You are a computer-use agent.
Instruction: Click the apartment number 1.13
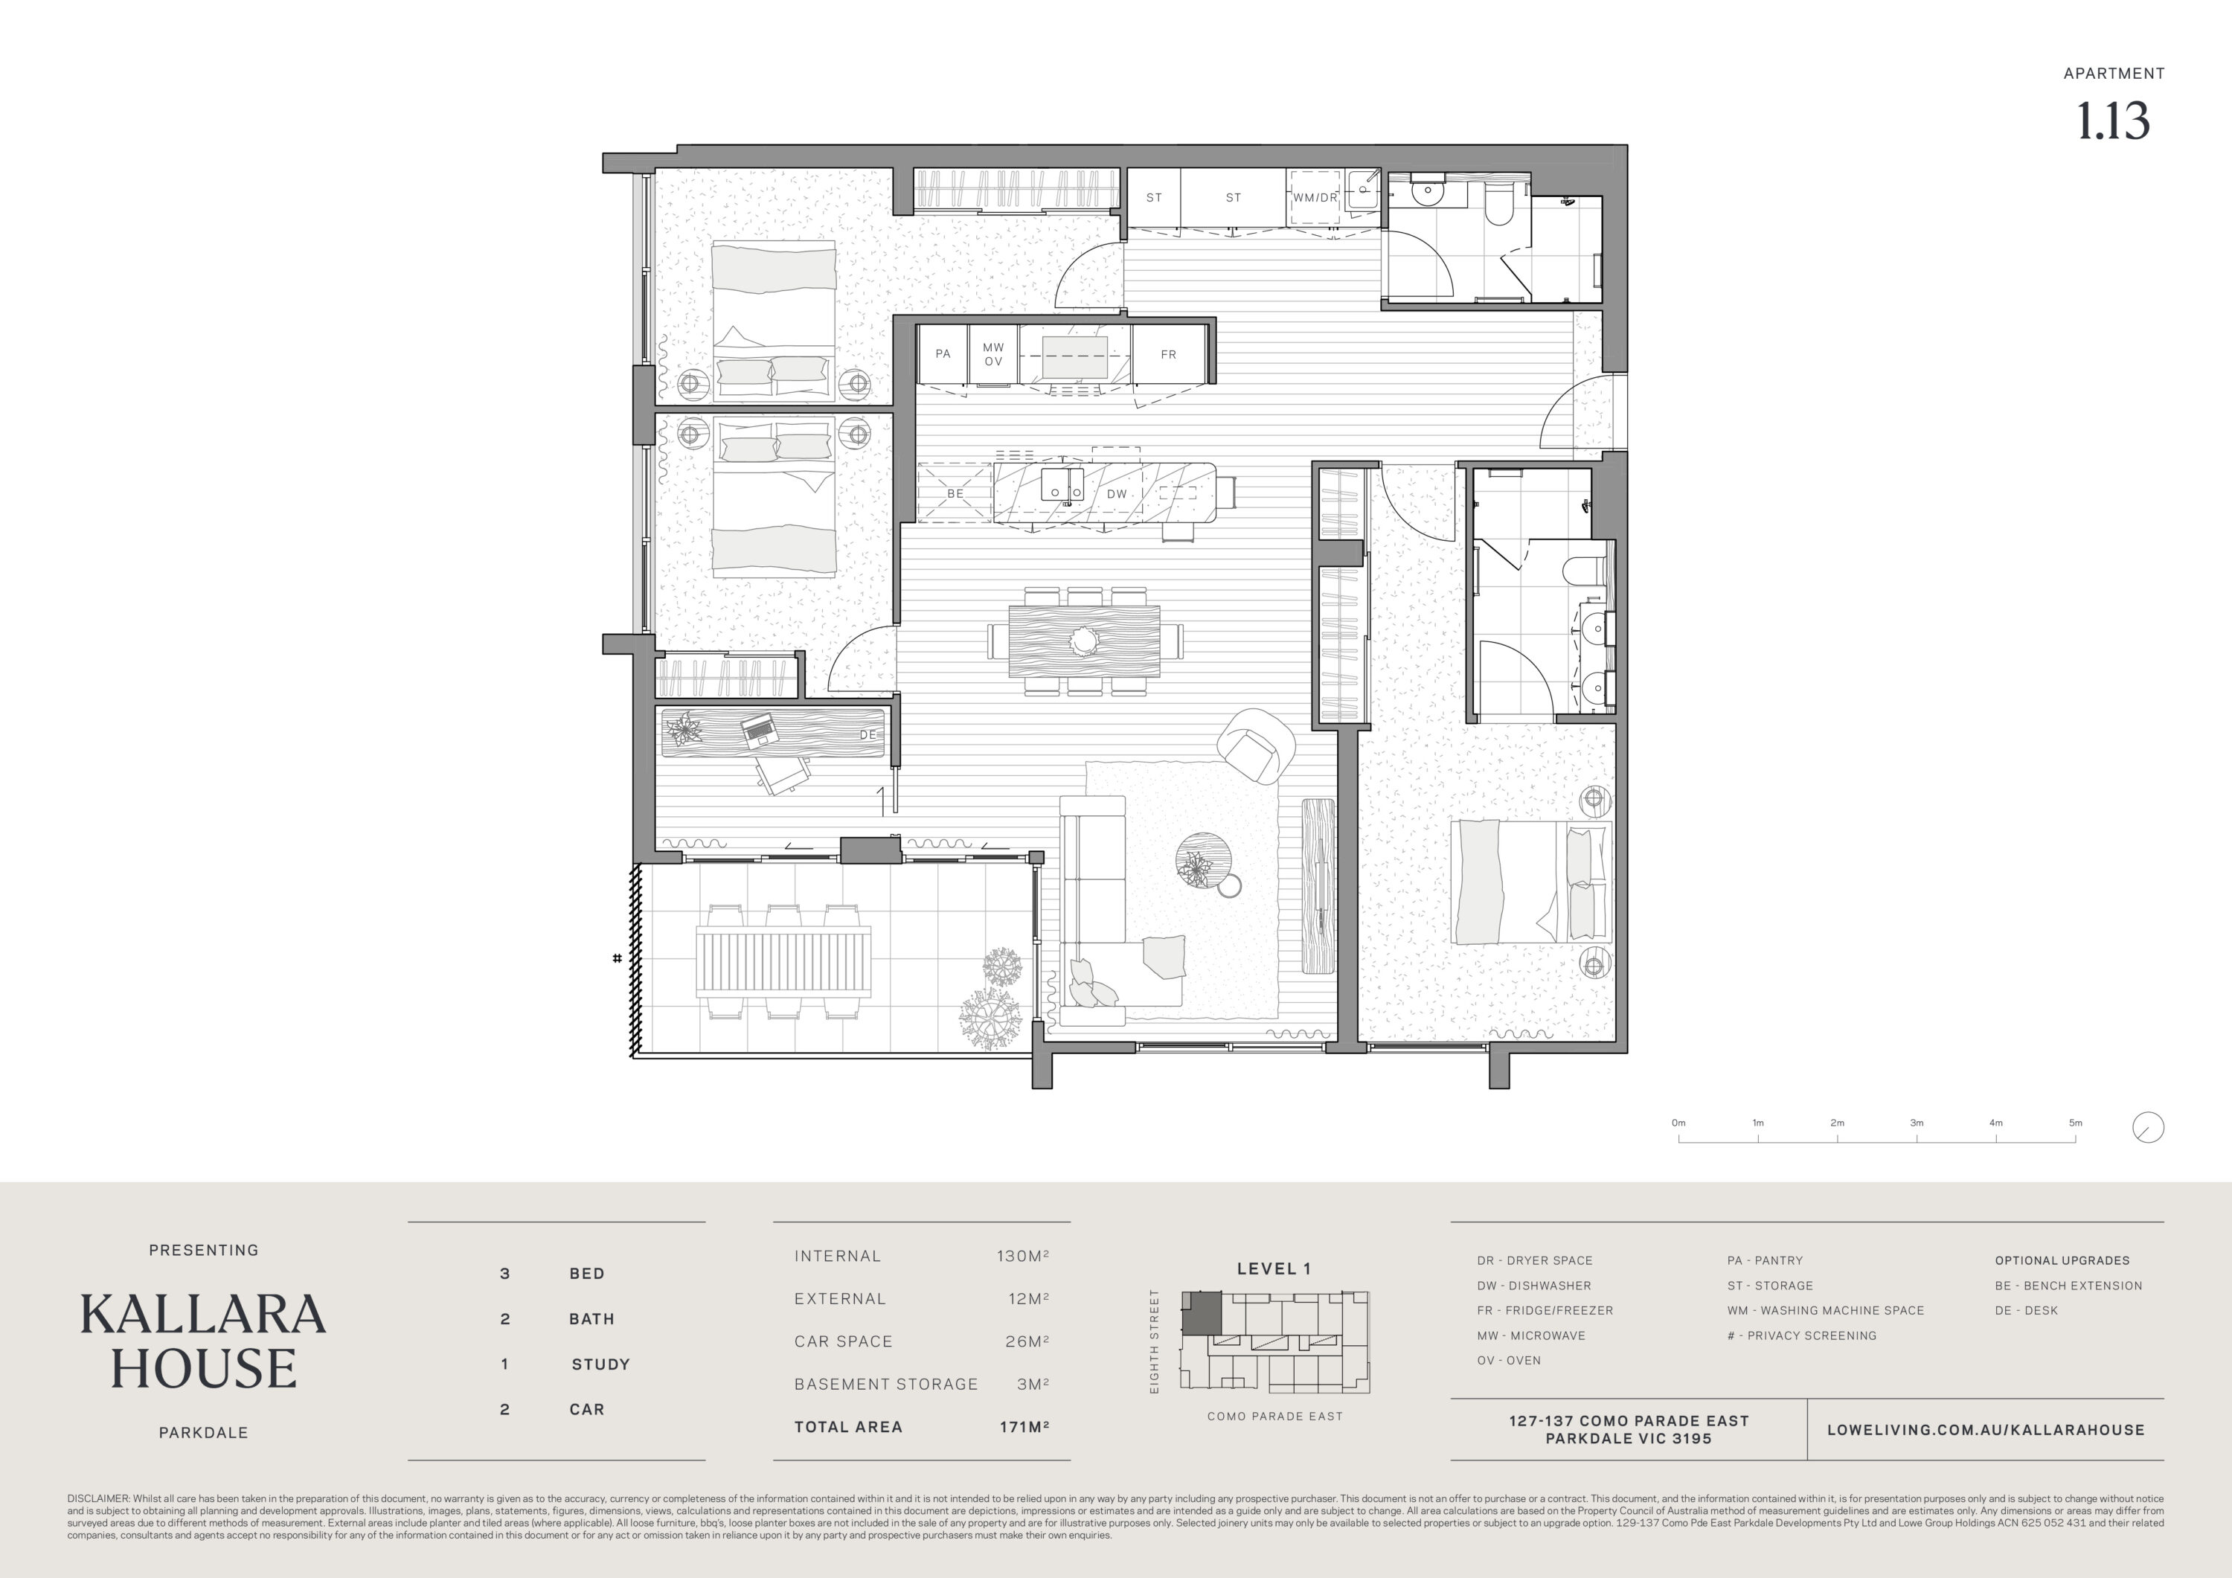2114,121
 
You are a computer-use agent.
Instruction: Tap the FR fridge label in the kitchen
1169,355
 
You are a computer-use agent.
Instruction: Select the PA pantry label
943,354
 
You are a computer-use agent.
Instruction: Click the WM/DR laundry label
1315,197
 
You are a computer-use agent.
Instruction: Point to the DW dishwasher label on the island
1117,494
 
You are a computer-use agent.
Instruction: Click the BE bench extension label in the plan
955,494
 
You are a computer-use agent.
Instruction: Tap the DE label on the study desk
868,735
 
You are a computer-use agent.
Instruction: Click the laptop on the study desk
759,729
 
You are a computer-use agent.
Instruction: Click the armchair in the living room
1256,745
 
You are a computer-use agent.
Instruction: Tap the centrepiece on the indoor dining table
1084,641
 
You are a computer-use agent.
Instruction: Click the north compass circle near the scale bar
2149,1128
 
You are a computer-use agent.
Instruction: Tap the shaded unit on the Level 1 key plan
1202,1312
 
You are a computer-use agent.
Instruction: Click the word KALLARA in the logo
203,1315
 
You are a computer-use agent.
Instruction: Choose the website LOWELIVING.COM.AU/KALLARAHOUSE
1986,1430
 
